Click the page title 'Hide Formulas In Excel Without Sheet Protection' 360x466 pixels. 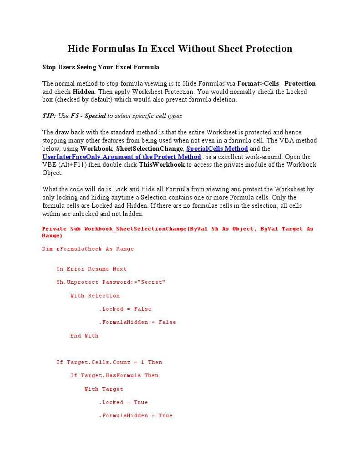coord(180,49)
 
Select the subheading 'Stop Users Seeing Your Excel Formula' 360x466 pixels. coord(101,67)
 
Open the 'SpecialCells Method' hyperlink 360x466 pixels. coord(217,149)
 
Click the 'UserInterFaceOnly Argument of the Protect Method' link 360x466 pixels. coord(122,157)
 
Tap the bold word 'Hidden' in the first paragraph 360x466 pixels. coord(83,92)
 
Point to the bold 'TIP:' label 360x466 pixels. coord(49,116)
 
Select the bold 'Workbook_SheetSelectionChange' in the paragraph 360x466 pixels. coord(132,149)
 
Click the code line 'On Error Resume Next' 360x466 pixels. coord(91,269)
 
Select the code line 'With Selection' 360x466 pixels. coord(95,296)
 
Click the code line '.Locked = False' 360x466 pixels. coord(125,309)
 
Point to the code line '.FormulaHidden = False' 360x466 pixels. coord(137,323)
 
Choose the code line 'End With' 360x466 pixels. coord(84,336)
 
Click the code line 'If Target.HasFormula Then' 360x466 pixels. coord(115,376)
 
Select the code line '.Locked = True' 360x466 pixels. coord(123,403)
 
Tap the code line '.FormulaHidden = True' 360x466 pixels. coord(136,416)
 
